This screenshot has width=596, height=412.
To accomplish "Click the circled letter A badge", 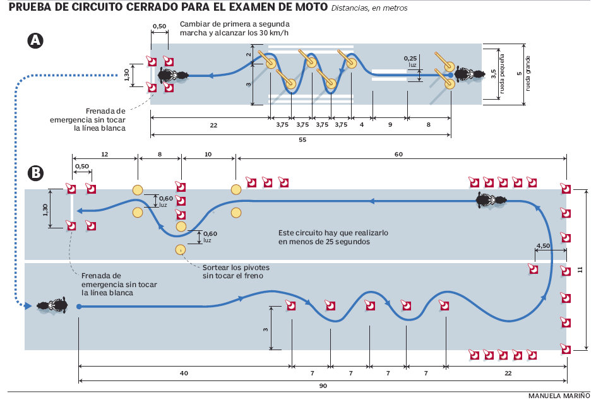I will tap(36, 42).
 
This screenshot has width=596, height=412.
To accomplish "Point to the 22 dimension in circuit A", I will tap(213, 126).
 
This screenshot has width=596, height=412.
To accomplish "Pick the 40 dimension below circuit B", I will tap(184, 373).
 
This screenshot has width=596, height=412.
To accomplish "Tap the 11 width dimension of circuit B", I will tap(580, 269).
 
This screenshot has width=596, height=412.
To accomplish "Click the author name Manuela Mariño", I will tap(559, 396).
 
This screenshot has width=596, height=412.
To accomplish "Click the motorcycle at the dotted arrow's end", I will tap(52, 306).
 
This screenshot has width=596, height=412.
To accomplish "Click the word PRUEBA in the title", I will tap(32, 8).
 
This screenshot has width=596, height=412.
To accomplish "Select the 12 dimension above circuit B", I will tap(105, 153).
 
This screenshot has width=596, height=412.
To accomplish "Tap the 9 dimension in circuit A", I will tap(390, 126).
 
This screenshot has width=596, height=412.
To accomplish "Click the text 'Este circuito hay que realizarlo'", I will tap(333, 232).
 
